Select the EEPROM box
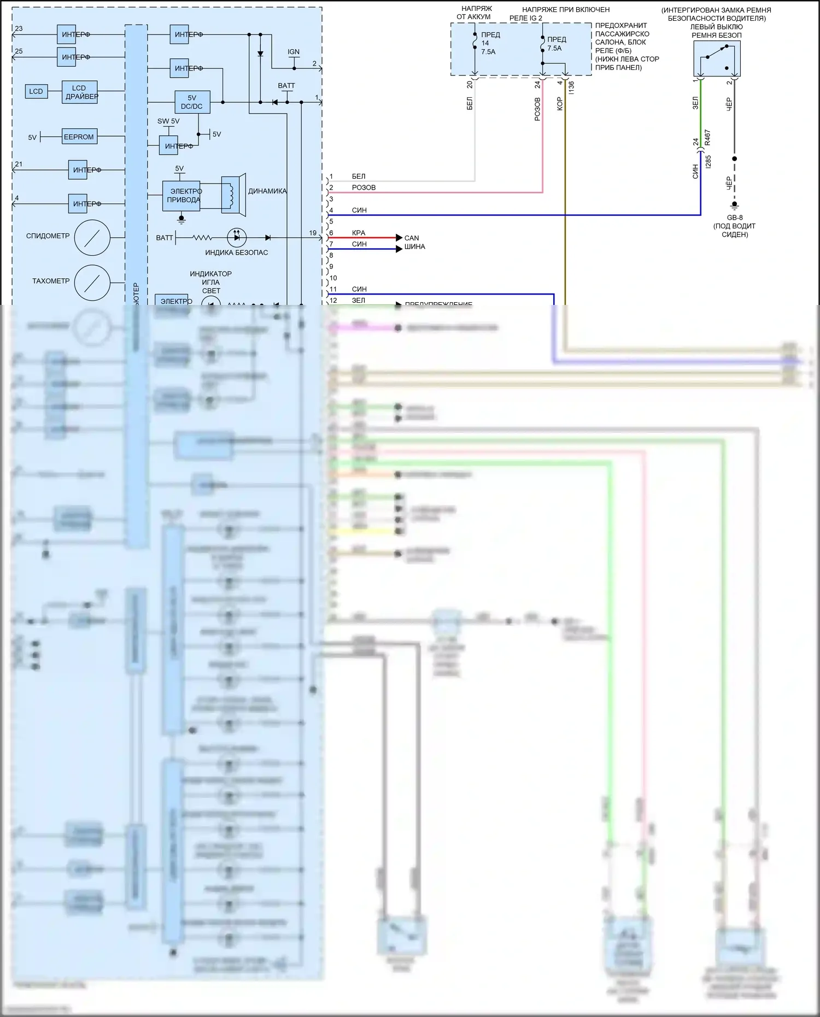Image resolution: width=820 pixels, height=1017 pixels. click(79, 137)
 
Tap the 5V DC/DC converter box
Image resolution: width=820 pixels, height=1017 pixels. click(192, 102)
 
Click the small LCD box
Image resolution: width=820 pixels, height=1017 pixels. click(36, 91)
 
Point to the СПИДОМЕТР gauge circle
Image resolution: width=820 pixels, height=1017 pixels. click(92, 238)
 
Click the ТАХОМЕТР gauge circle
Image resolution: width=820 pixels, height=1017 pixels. click(92, 283)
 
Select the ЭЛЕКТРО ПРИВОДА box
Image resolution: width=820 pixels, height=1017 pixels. click(181, 196)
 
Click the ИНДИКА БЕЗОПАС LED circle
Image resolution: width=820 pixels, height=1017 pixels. click(237, 238)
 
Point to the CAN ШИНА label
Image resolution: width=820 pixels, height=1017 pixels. click(413, 242)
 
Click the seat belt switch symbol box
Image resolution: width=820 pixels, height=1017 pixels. click(717, 58)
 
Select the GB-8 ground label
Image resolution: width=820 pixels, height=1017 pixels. click(735, 217)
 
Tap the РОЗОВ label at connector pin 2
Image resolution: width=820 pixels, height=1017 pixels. click(364, 187)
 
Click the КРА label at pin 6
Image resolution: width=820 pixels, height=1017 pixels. click(359, 233)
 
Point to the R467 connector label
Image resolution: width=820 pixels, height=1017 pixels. click(707, 137)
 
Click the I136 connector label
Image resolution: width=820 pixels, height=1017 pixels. click(571, 87)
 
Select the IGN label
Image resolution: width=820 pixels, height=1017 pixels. click(294, 52)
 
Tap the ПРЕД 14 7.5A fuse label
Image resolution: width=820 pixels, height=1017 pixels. click(488, 43)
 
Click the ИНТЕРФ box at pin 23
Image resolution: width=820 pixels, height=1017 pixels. click(67, 34)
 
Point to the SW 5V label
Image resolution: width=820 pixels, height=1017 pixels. click(168, 121)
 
